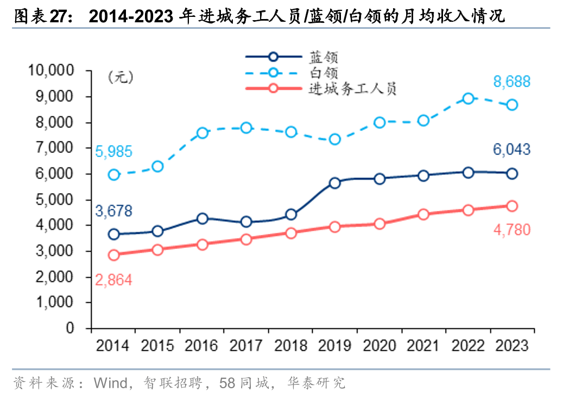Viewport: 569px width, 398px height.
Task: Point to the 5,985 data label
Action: [x=113, y=152]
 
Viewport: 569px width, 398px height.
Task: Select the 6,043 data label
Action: [x=511, y=150]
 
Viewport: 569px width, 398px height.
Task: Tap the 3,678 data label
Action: [x=113, y=211]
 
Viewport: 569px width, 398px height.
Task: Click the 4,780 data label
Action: [x=511, y=230]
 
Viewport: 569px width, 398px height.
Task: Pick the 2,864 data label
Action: [x=113, y=280]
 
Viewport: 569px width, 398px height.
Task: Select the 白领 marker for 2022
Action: [x=468, y=98]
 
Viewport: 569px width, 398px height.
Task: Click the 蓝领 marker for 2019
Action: [x=335, y=183]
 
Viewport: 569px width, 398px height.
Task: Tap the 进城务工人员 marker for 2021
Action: [x=423, y=214]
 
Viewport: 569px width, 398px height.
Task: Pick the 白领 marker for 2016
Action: [x=203, y=133]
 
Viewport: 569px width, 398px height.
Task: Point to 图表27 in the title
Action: [x=45, y=17]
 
